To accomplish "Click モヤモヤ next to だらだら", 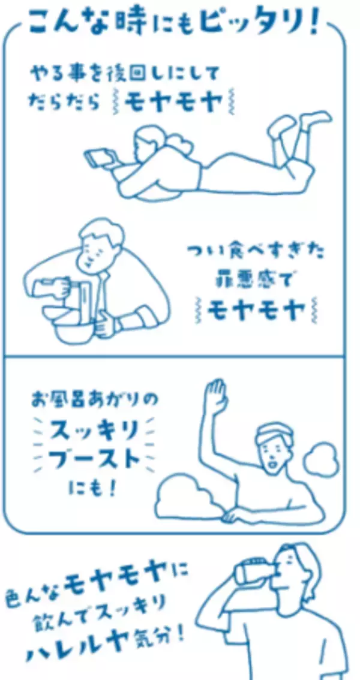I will (173, 103).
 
